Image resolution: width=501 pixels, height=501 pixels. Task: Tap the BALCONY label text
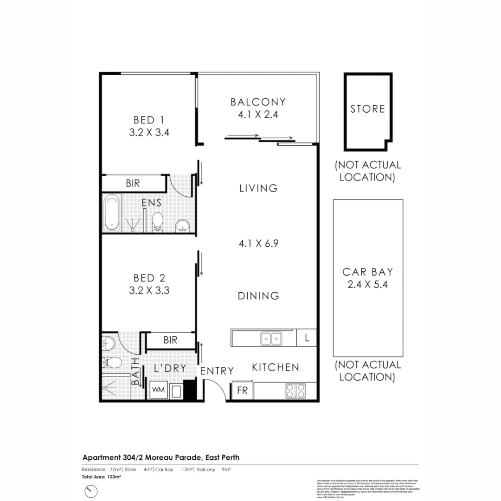coord(258,102)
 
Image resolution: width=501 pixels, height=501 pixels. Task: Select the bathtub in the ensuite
coord(112,213)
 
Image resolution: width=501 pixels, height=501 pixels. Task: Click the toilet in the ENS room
coord(158,222)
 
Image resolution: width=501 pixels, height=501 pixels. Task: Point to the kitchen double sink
coord(270,339)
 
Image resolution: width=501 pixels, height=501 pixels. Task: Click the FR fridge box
coord(242,391)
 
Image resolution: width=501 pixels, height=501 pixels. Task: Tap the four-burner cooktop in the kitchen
coord(295,391)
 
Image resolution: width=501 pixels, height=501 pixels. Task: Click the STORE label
coord(367,109)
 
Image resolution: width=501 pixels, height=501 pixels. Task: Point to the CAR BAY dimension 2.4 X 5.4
coord(367,284)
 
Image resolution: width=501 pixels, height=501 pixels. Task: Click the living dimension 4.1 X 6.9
coord(258,243)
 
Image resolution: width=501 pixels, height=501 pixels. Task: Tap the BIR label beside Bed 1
coord(133,183)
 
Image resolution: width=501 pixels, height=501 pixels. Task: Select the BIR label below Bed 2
coord(170,340)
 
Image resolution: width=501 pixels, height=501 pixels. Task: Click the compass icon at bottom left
coord(91,491)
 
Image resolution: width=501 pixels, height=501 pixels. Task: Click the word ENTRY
coord(217,371)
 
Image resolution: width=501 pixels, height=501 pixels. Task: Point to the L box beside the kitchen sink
coord(307,338)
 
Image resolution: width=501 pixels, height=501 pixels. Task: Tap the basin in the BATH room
coord(109,344)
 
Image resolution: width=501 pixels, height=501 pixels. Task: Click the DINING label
coord(258,296)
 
